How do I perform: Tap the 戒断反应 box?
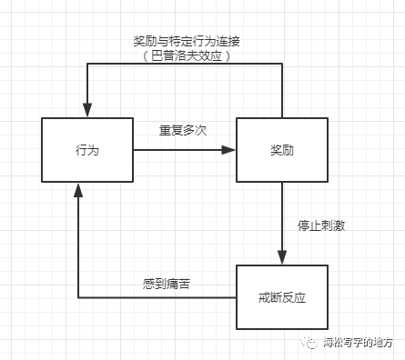tap(281, 297)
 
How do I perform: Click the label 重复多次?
tap(182, 130)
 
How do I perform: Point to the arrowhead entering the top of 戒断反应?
tap(281, 259)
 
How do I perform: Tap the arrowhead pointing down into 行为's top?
tap(87, 111)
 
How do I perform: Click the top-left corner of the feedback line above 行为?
tap(87, 65)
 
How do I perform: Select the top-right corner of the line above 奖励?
tap(281, 65)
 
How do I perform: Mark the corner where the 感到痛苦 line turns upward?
tap(78, 297)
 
